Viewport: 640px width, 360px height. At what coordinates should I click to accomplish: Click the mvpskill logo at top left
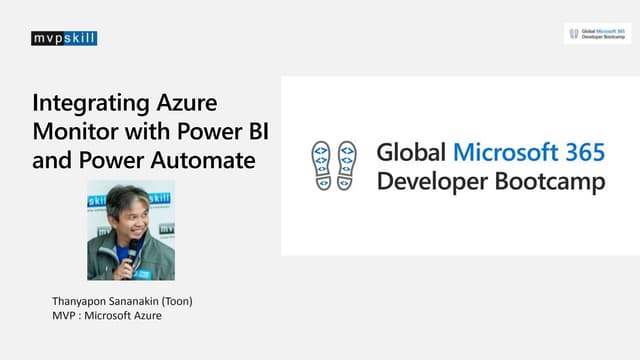[x=64, y=39]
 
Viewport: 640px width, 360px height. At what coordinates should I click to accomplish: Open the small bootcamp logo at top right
[x=597, y=33]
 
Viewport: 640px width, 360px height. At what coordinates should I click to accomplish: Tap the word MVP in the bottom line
[x=64, y=317]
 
